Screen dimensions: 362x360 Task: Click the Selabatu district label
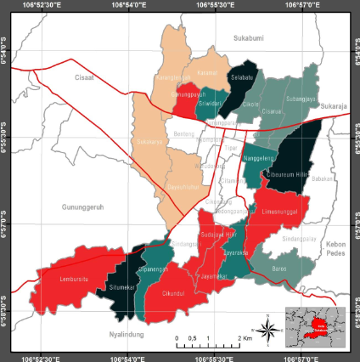pyautogui.click(x=243, y=76)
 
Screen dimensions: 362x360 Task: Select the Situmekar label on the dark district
pyautogui.click(x=123, y=287)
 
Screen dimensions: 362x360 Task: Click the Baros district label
pyautogui.click(x=279, y=269)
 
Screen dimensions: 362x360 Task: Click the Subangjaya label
pyautogui.click(x=301, y=99)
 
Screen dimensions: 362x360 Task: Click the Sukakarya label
pyautogui.click(x=149, y=141)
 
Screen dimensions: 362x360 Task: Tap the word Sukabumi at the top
pyautogui.click(x=250, y=39)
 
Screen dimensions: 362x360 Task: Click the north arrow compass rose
pyautogui.click(x=267, y=331)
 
